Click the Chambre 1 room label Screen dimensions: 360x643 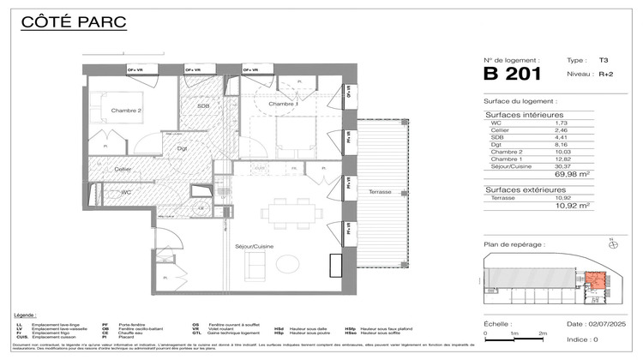point(283,105)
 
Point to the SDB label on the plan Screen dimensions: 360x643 point(203,105)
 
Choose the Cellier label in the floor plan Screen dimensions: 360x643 point(123,169)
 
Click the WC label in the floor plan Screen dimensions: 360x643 point(126,192)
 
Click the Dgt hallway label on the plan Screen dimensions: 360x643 point(182,149)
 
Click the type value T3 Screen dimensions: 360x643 point(604,61)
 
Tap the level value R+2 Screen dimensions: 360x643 point(605,75)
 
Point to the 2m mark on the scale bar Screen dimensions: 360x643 point(542,333)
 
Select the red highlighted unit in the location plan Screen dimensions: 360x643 point(594,281)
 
